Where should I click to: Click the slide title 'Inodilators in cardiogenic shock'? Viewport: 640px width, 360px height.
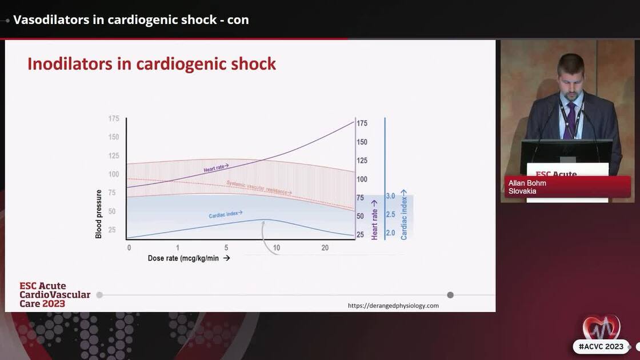pos(151,64)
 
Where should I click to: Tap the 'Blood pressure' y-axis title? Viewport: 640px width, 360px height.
pos(98,214)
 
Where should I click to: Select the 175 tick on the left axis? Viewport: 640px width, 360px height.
pos(114,119)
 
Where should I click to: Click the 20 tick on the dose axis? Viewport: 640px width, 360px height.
pos(325,247)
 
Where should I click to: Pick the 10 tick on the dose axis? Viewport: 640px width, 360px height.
pos(277,247)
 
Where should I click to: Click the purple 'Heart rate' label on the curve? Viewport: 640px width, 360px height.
pos(216,167)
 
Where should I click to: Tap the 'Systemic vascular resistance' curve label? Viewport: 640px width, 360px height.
pos(257,187)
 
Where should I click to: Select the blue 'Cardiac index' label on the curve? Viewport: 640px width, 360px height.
pos(225,214)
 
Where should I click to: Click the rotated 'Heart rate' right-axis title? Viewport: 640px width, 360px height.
pos(375,219)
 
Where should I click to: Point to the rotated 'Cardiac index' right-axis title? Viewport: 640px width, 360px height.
pos(403,214)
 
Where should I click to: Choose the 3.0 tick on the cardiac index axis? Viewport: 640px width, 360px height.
pos(390,196)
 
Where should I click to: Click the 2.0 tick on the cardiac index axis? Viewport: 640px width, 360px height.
pos(390,233)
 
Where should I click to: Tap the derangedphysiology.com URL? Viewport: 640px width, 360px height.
pos(393,306)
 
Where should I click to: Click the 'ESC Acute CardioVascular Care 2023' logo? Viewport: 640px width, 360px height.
pos(54,294)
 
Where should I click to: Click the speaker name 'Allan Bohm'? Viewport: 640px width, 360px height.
pos(527,183)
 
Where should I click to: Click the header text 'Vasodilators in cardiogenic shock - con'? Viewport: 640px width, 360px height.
pos(131,19)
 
